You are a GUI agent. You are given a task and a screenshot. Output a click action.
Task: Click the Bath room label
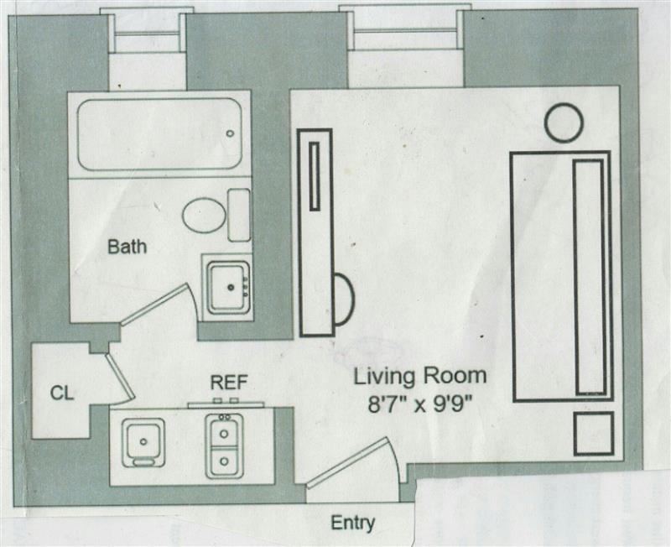(127, 247)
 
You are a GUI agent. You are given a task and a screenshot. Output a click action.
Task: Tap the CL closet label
(60, 392)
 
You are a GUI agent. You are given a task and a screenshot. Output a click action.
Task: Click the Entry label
(352, 523)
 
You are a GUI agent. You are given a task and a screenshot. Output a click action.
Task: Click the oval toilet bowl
(204, 216)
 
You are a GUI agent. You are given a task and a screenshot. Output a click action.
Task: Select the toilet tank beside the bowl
(239, 215)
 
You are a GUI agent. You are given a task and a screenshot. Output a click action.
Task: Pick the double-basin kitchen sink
(224, 445)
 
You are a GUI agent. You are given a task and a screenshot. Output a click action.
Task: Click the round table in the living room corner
(563, 122)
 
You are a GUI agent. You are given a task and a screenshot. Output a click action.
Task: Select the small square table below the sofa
(593, 434)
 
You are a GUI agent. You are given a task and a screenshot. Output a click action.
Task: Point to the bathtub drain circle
(230, 133)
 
